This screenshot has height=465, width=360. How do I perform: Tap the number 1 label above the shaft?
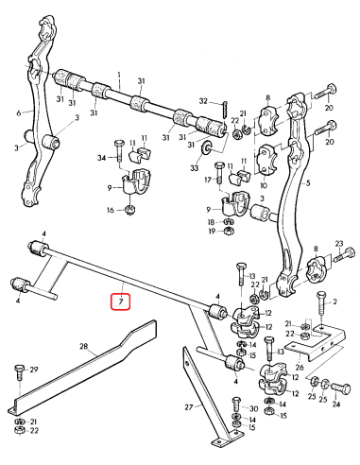click(x=120, y=74)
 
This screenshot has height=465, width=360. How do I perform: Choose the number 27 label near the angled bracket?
click(x=187, y=406)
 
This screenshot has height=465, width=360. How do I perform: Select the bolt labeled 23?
click(x=342, y=252)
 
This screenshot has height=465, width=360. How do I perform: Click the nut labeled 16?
click(x=130, y=210)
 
